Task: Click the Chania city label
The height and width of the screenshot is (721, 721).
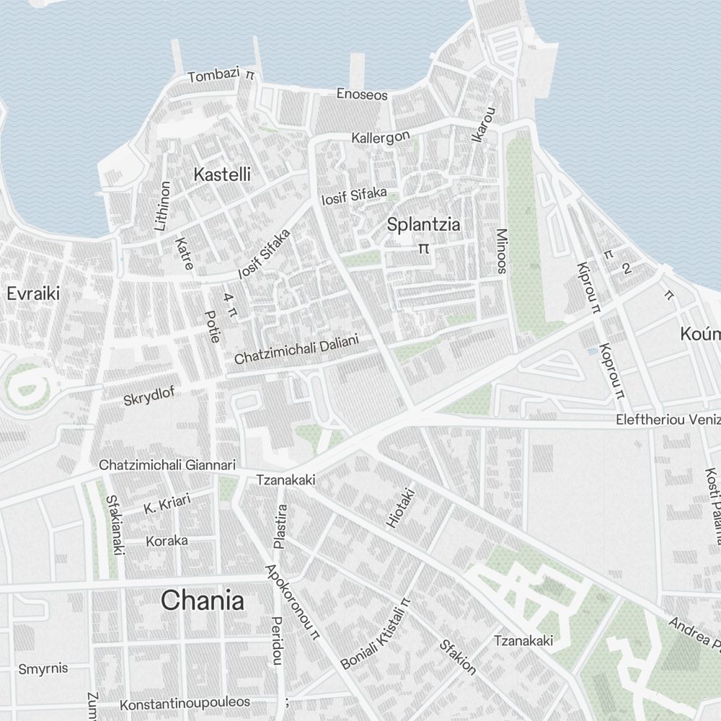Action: coord(203,601)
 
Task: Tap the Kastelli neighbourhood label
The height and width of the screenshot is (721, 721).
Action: coord(222,174)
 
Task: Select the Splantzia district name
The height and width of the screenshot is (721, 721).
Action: coord(423,224)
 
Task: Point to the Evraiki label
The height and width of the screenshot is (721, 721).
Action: coord(32,293)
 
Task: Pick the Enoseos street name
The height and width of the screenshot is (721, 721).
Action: coord(362,94)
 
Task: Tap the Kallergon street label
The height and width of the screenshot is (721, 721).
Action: coord(381,136)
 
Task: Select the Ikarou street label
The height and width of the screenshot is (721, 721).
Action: coord(487,124)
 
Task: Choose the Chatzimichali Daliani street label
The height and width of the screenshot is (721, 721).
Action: coord(296,349)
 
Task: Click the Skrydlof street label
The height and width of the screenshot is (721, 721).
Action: coord(149,397)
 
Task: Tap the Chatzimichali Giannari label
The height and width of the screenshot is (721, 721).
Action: coord(167,465)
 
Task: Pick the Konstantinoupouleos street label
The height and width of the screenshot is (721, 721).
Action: coord(185,703)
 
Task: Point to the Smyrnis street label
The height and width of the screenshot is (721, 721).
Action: coord(43,668)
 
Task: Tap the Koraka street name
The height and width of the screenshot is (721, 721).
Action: coord(167,541)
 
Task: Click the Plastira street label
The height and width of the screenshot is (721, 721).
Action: coord(280,526)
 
